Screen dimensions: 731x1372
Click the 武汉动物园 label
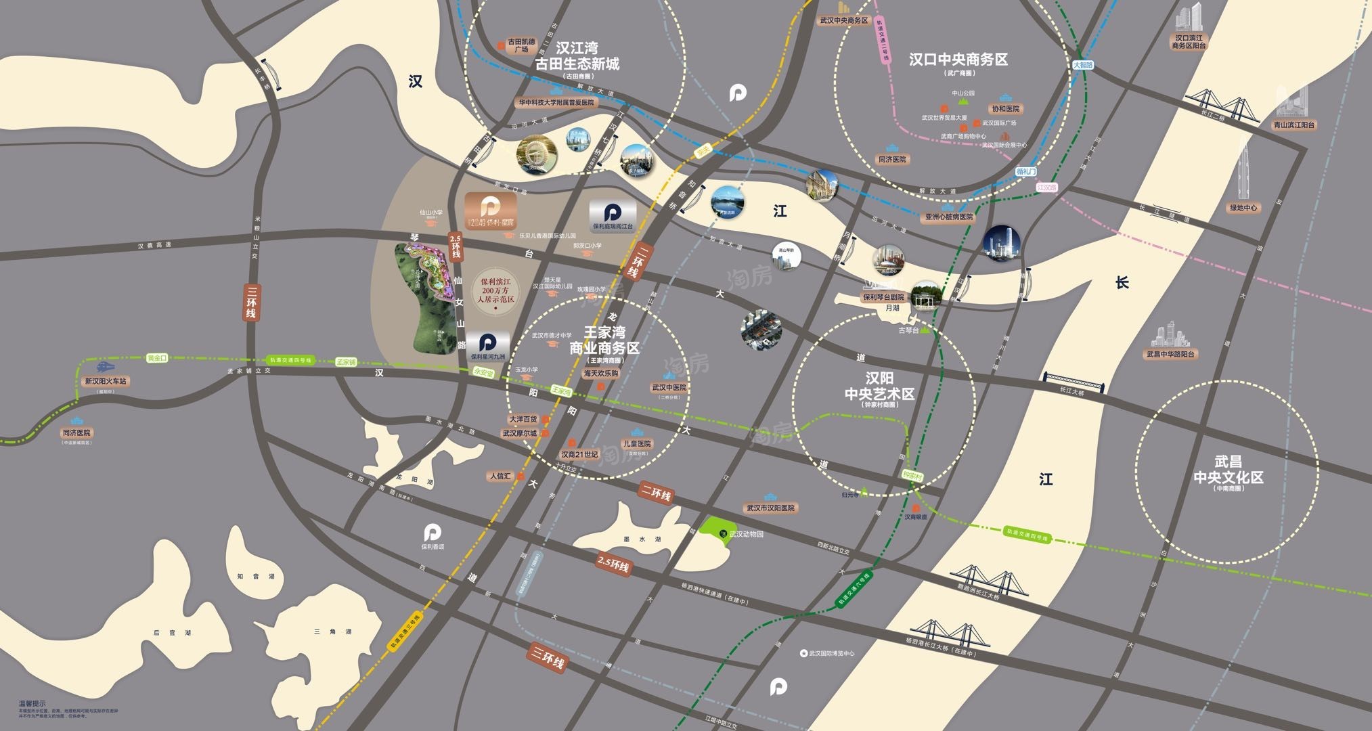[747, 534]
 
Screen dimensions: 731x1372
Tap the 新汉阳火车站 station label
[105, 381]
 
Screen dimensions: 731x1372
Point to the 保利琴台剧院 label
[883, 296]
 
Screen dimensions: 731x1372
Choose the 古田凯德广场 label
[521, 45]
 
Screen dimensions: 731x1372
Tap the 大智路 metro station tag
[1083, 65]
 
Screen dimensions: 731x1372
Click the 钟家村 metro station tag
[912, 477]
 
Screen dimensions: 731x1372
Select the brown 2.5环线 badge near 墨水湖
[613, 564]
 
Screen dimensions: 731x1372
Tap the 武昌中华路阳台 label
[1170, 354]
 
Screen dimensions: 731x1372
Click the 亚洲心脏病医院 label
[948, 217]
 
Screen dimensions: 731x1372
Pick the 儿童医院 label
[637, 444]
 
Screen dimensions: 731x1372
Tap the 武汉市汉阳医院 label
[770, 508]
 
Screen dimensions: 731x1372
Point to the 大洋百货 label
[523, 420]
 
